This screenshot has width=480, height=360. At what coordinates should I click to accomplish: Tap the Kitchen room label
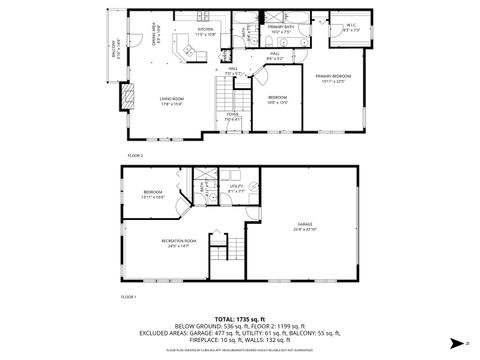(x=205, y=31)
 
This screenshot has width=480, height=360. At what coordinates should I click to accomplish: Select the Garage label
(x=304, y=226)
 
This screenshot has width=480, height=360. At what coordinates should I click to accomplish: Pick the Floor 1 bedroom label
(x=152, y=193)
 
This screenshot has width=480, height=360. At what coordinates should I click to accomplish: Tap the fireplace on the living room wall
(x=126, y=96)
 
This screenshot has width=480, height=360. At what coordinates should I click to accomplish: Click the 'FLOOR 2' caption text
(x=135, y=156)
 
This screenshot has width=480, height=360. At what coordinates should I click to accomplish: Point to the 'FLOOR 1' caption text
(x=129, y=298)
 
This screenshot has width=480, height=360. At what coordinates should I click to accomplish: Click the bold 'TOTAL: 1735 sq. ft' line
(x=239, y=317)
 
